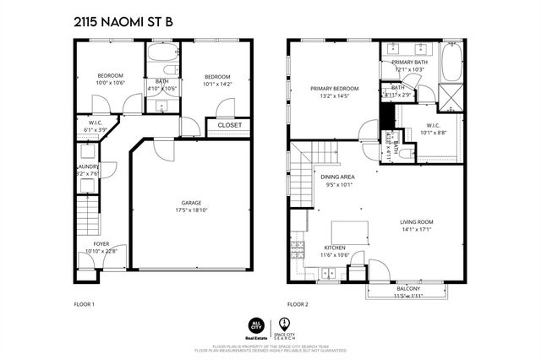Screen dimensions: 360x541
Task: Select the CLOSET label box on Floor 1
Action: click(x=229, y=126)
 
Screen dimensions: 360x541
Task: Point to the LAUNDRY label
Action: click(x=89, y=167)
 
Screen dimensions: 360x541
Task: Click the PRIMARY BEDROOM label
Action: click(x=334, y=89)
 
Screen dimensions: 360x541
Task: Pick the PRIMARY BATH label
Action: click(x=410, y=62)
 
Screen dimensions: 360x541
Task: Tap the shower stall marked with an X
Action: click(x=452, y=99)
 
